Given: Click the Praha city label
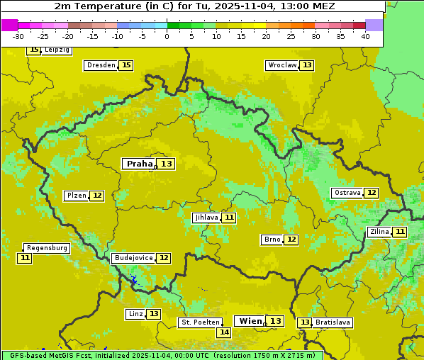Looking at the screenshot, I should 139,164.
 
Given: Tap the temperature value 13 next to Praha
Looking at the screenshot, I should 166,164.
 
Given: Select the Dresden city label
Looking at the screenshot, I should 101,65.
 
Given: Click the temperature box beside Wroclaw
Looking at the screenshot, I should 306,65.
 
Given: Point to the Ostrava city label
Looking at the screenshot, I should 347,193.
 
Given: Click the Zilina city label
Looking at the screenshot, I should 379,232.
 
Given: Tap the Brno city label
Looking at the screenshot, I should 272,240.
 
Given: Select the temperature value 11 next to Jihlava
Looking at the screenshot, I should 228,218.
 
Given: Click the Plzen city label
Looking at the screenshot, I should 76,196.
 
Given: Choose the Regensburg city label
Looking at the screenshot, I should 47,248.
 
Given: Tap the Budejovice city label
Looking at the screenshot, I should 133,258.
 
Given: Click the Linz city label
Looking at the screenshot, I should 135,314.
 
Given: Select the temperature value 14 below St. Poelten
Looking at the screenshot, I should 223,332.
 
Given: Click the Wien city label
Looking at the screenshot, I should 250,321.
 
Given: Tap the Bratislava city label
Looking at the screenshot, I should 333,322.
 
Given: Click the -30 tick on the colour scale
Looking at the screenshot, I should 18,35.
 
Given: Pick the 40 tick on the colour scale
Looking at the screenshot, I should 365,35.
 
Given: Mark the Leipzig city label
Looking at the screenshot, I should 57,50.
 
